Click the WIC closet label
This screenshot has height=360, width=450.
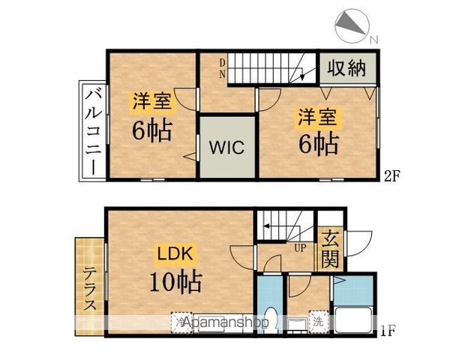coord(226,147)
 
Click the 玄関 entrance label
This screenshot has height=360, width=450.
coord(330,252)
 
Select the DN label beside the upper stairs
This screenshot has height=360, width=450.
coord(223,68)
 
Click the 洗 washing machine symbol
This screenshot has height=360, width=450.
coord(318,321)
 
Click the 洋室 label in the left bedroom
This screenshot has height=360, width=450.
coord(152,100)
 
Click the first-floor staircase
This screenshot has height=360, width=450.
coord(285,226)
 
